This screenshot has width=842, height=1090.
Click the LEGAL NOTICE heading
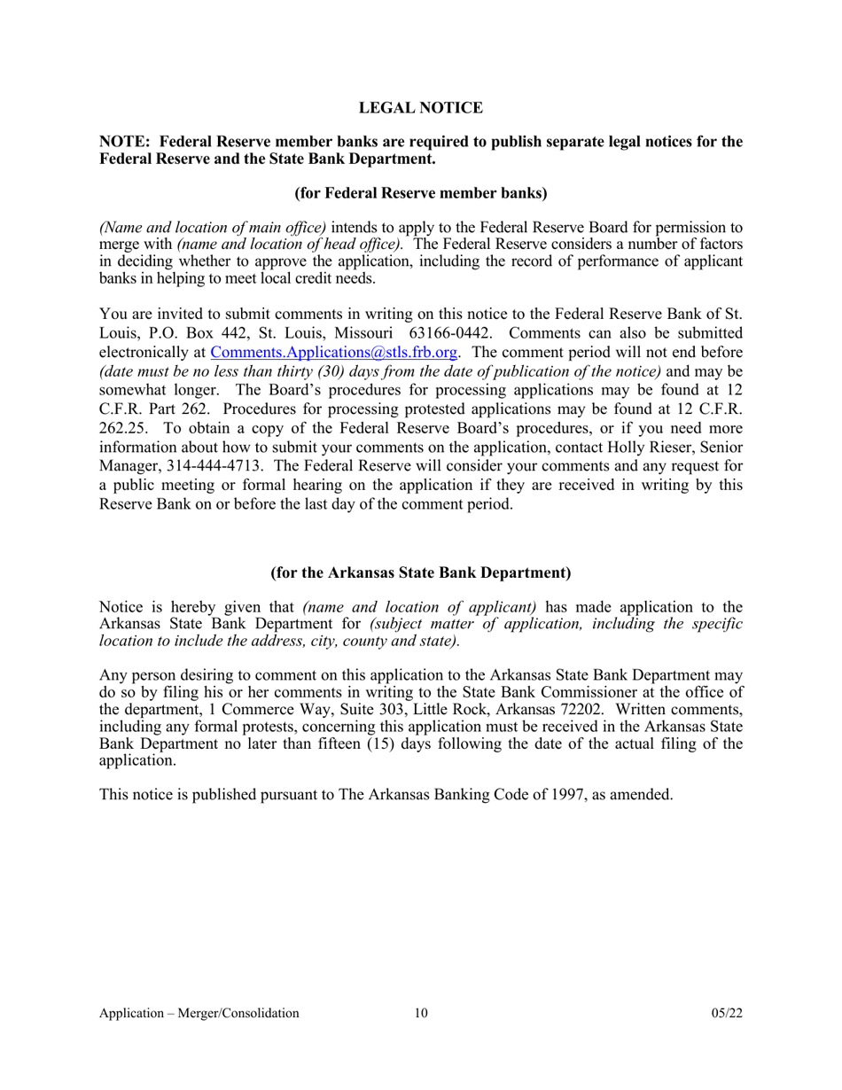(x=420, y=108)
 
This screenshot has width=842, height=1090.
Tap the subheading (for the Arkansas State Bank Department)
(x=420, y=572)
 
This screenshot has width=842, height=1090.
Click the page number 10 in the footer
(x=420, y=1013)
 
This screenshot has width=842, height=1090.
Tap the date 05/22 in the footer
(x=726, y=1013)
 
